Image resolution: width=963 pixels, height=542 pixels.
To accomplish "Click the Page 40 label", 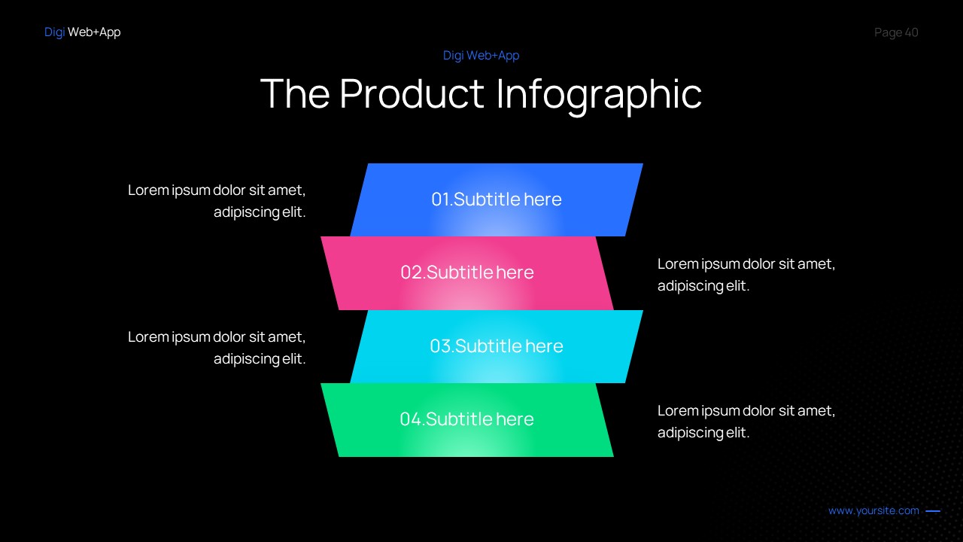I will tap(896, 32).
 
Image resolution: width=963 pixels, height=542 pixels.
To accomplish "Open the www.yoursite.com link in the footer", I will tap(873, 510).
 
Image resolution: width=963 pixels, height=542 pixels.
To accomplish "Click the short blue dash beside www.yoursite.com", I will tap(933, 511).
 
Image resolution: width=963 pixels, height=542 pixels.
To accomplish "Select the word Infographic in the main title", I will tap(599, 94).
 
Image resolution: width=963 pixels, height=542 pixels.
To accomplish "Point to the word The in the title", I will tap(295, 94).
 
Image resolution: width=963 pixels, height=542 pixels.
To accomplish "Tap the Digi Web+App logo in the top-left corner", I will tap(82, 32).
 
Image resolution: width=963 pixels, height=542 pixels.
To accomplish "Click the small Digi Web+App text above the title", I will tap(481, 56).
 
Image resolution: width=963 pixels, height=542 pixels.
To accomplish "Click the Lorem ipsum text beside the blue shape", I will tap(217, 201).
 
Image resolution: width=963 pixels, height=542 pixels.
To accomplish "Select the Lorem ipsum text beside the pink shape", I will tap(746, 275).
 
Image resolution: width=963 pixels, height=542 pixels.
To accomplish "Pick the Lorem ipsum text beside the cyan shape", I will tap(217, 348).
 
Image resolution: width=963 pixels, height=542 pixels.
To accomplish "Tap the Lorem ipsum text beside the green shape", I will tap(746, 422).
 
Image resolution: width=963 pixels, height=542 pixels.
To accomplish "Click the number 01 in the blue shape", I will tap(440, 199).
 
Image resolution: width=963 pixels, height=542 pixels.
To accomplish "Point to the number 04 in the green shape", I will tap(411, 419).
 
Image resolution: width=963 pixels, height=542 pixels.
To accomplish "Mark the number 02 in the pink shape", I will tap(412, 273).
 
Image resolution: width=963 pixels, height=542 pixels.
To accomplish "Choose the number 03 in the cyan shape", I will tap(440, 346).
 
